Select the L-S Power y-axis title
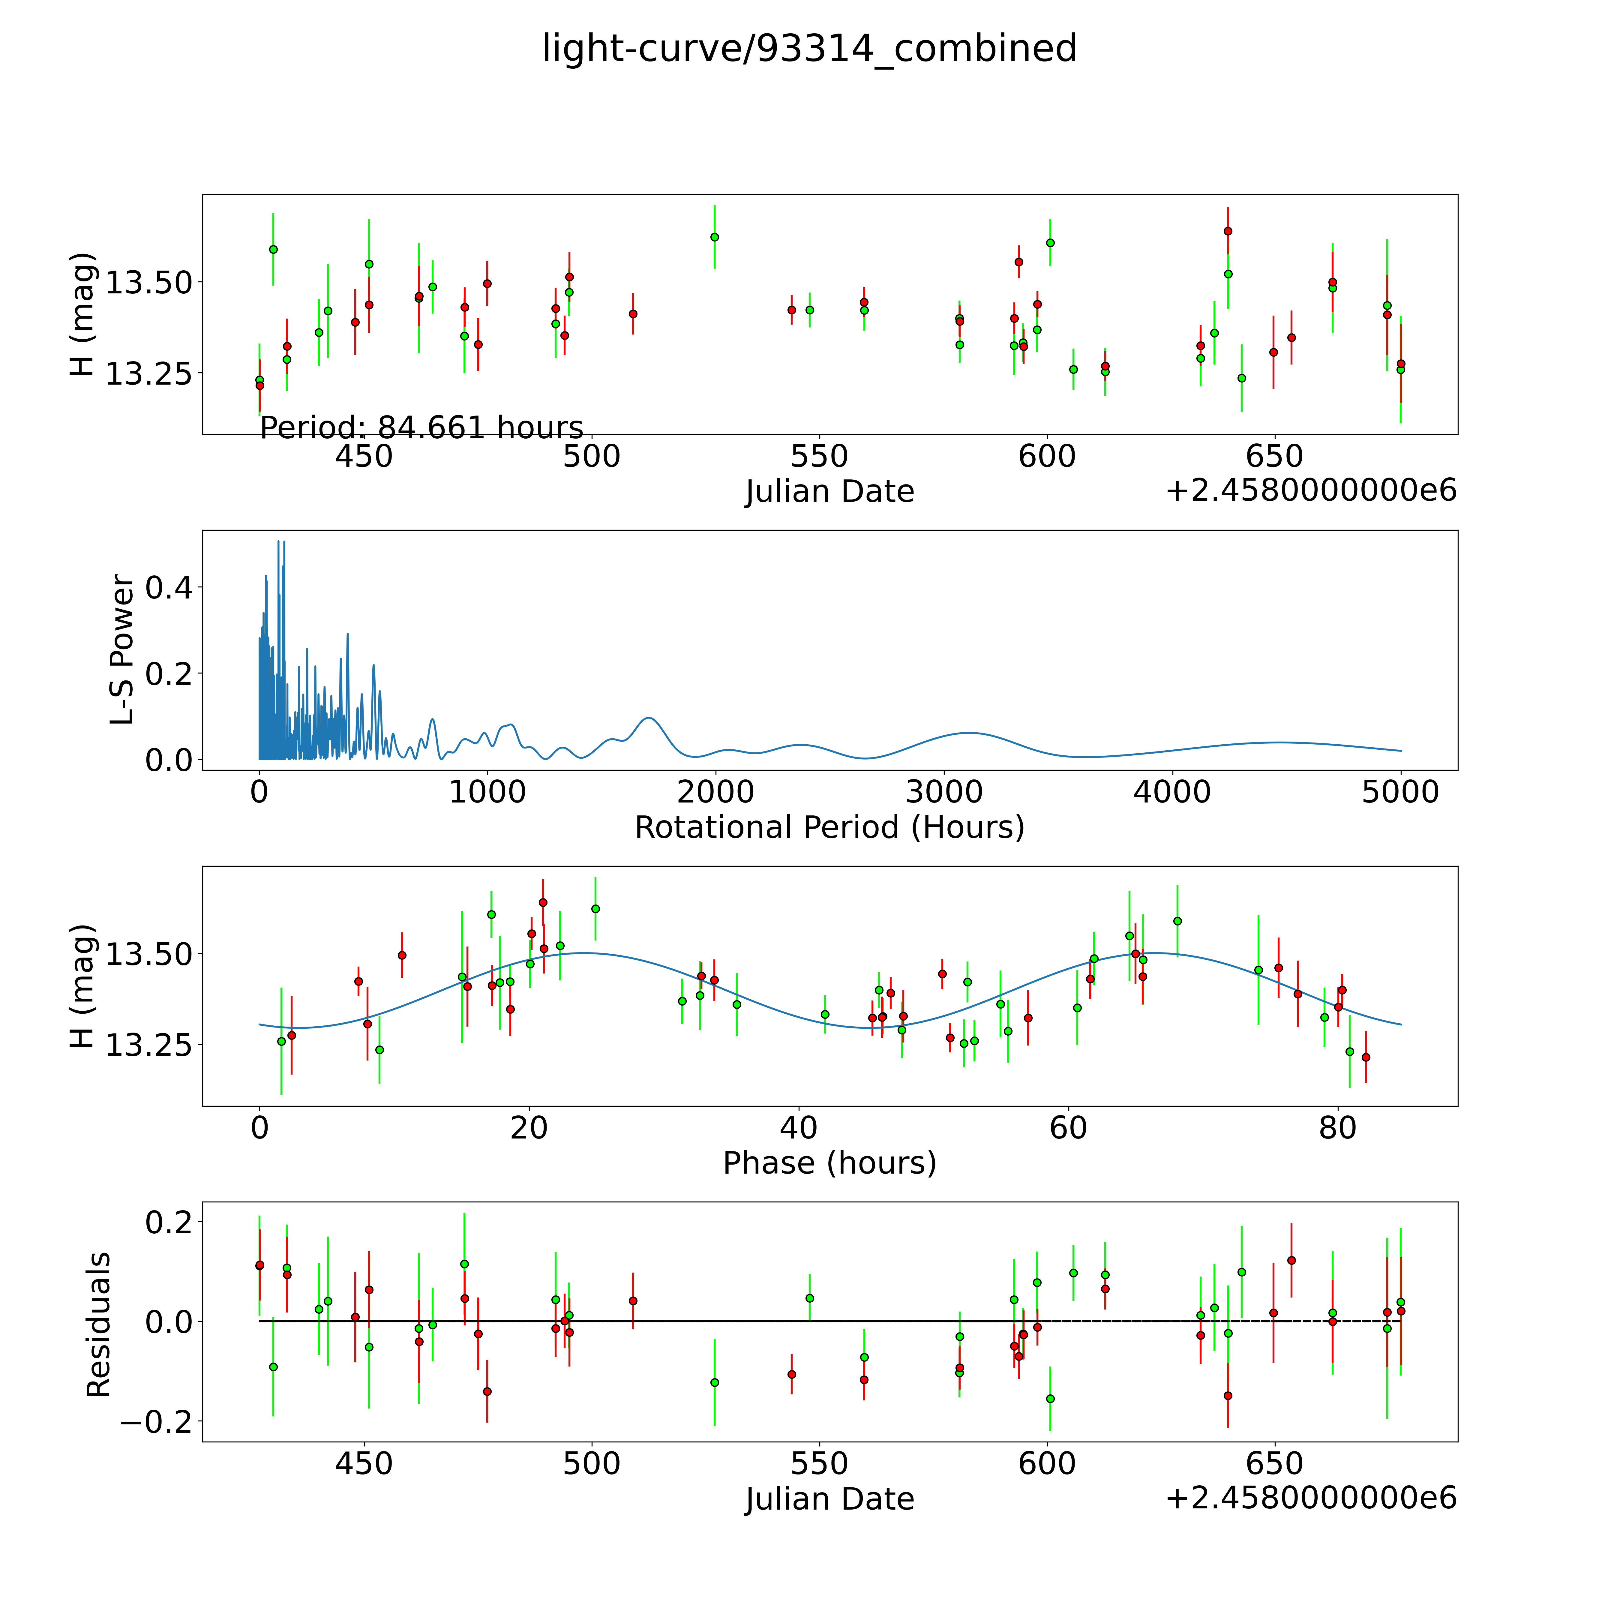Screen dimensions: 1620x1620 [122, 650]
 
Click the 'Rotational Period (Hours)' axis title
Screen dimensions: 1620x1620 [829, 828]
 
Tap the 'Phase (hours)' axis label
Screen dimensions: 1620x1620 [829, 1163]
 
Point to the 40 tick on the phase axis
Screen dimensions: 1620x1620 [798, 1128]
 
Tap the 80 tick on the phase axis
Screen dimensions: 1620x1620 [1337, 1128]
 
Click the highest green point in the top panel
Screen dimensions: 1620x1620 [714, 237]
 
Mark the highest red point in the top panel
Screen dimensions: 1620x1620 [1228, 231]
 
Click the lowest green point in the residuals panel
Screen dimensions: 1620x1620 [1050, 1399]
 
